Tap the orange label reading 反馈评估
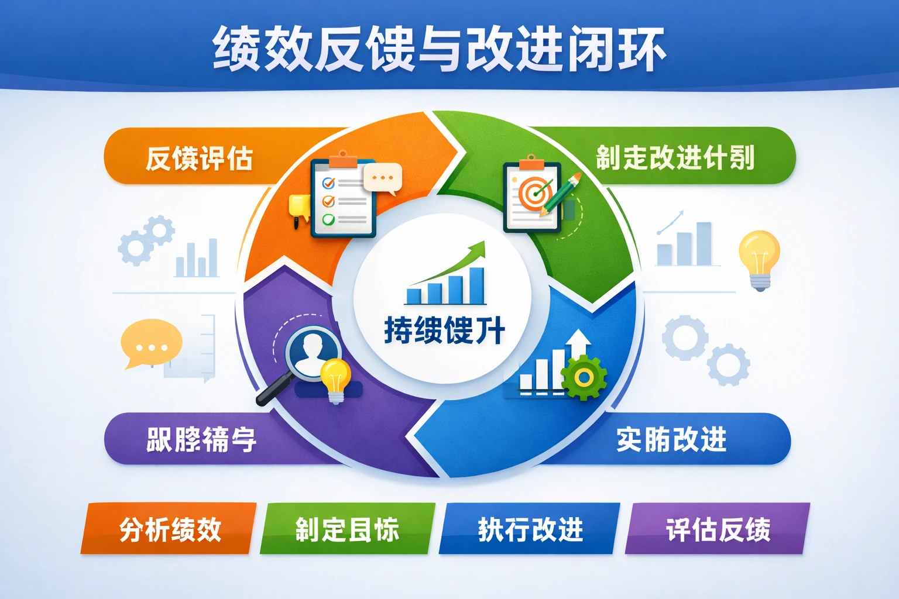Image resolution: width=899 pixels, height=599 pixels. click(199, 158)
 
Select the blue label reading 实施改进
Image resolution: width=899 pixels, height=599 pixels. click(671, 439)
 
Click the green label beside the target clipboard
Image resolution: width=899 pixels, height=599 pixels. click(675, 157)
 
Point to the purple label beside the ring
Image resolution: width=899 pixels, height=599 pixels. click(201, 439)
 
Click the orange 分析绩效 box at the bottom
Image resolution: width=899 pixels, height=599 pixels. click(170, 529)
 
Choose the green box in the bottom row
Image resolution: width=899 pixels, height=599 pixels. click(347, 529)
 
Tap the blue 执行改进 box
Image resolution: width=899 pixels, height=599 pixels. click(530, 529)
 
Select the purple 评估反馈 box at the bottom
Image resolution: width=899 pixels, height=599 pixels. click(718, 529)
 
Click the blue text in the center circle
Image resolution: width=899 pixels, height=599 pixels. click(444, 331)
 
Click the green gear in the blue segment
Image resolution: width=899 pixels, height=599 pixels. click(584, 377)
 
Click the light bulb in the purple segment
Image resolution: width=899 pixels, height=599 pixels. click(335, 379)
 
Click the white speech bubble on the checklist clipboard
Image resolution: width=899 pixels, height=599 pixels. click(383, 177)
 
